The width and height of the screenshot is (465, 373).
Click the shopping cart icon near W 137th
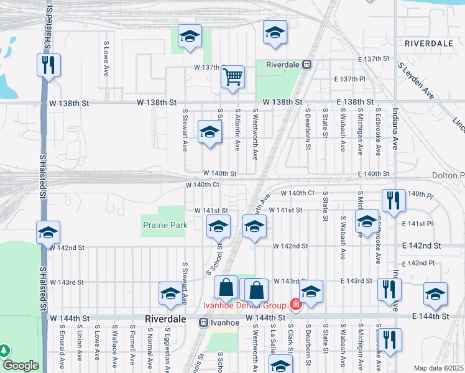click(x=233, y=77)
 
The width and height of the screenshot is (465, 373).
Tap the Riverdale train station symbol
click(x=307, y=64)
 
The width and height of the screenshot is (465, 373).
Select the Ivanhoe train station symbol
click(x=203, y=323)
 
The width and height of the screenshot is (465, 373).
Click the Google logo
click(x=21, y=366)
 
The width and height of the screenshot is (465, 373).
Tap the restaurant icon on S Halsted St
click(x=47, y=65)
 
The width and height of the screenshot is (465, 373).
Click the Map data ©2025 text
click(x=439, y=368)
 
